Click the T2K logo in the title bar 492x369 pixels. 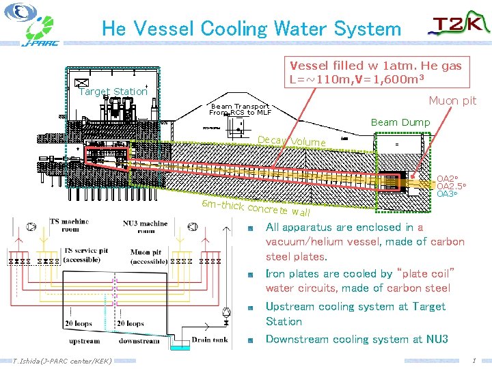pyautogui.click(x=459, y=26)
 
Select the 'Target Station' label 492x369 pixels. pyautogui.click(x=113, y=92)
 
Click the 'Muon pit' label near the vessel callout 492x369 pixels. pyautogui.click(x=452, y=101)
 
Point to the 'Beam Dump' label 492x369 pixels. pyautogui.click(x=400, y=122)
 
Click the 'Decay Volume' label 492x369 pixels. pyautogui.click(x=291, y=141)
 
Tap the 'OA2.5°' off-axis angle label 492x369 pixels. pyautogui.click(x=451, y=186)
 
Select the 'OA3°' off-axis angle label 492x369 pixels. pyautogui.click(x=447, y=194)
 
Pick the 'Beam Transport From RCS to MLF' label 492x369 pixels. pyautogui.click(x=241, y=109)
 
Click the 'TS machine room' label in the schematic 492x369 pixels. pyautogui.click(x=69, y=225)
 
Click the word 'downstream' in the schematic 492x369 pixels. pyautogui.click(x=139, y=340)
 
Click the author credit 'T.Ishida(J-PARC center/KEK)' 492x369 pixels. pyautogui.click(x=62, y=360)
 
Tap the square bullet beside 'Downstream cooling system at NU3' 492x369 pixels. pyautogui.click(x=251, y=340)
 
